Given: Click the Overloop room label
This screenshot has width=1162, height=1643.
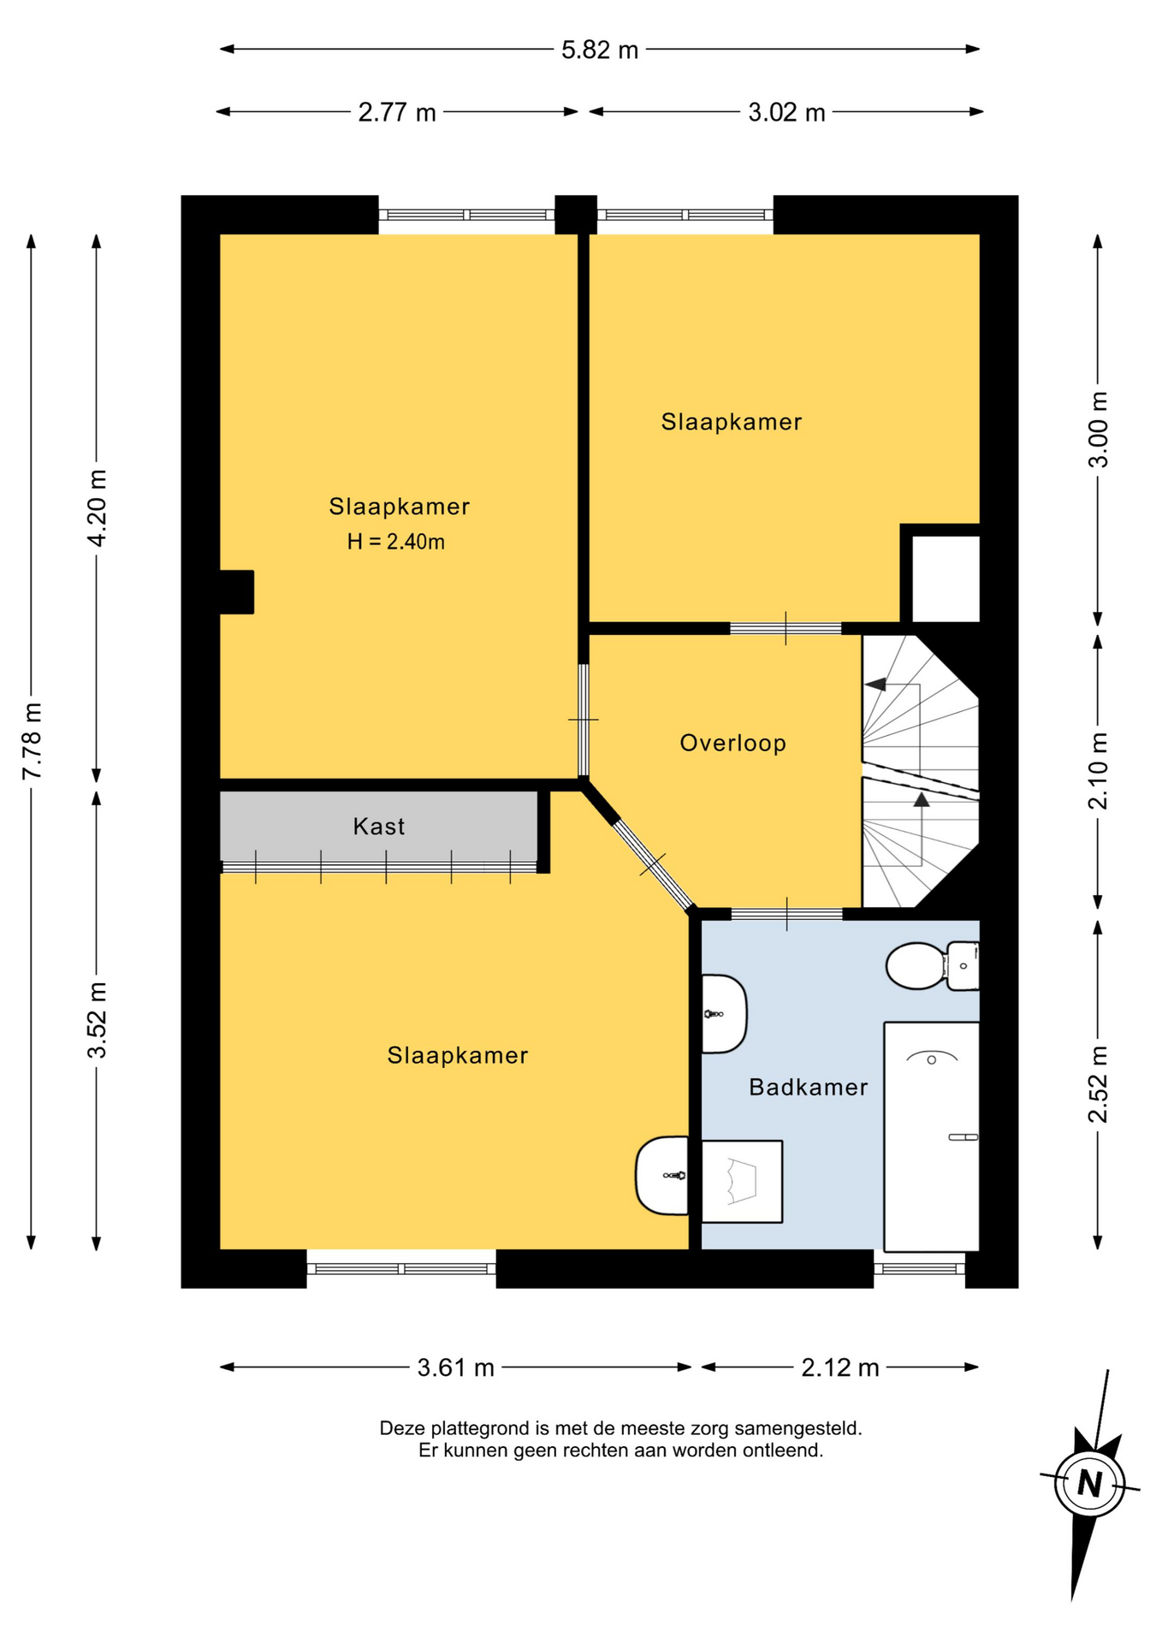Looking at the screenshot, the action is pyautogui.click(x=732, y=743).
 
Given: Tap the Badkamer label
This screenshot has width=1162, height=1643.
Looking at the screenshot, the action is pyautogui.click(x=808, y=1087).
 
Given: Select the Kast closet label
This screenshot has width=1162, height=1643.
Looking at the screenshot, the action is pyautogui.click(x=378, y=827).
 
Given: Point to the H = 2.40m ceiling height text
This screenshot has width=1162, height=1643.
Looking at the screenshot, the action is pyautogui.click(x=395, y=542).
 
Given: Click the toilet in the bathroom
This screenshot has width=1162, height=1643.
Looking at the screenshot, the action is pyautogui.click(x=933, y=965).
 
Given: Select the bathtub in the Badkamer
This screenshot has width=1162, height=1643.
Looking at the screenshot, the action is pyautogui.click(x=931, y=1136).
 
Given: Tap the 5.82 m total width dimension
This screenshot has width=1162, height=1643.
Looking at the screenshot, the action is pyautogui.click(x=600, y=50).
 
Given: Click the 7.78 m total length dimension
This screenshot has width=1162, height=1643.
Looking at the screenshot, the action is pyautogui.click(x=32, y=741).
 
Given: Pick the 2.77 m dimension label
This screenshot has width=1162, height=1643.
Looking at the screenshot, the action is pyautogui.click(x=397, y=112).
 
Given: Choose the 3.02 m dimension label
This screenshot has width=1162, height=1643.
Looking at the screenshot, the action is pyautogui.click(x=786, y=112).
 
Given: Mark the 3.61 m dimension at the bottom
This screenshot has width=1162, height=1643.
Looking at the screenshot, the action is pyautogui.click(x=456, y=1367).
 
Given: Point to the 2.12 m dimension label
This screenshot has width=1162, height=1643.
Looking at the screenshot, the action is pyautogui.click(x=840, y=1367).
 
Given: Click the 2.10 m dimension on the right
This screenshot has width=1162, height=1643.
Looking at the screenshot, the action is pyautogui.click(x=1098, y=771).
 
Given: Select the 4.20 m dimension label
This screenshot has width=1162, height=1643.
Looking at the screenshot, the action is pyautogui.click(x=97, y=508).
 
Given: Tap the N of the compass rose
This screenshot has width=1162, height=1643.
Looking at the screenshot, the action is pyautogui.click(x=1089, y=1482).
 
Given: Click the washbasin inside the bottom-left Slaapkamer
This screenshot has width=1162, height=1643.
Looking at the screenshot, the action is pyautogui.click(x=662, y=1175).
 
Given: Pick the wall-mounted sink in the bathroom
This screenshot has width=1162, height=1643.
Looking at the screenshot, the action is pyautogui.click(x=724, y=1014).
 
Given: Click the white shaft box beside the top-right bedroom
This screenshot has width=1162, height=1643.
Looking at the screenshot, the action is pyautogui.click(x=946, y=579).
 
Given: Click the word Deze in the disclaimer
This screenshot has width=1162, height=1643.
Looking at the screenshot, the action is pyautogui.click(x=402, y=1428).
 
